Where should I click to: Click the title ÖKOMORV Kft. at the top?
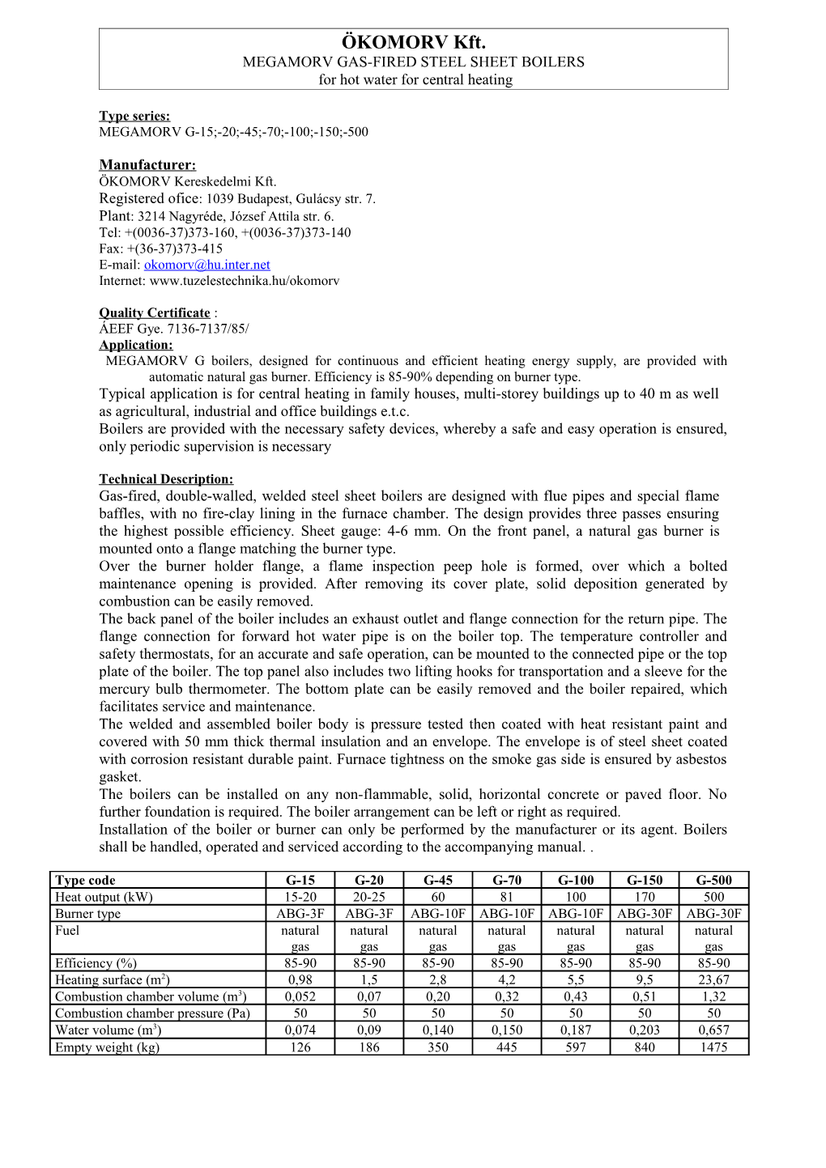[x=413, y=43]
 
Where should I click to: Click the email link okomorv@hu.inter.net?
[x=206, y=265]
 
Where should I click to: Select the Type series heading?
[x=134, y=116]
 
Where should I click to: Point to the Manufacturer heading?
[x=147, y=165]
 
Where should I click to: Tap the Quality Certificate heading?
[x=155, y=312]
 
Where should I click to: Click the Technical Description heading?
[x=166, y=479]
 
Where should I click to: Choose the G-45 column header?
[x=438, y=881]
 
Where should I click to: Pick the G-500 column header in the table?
[x=713, y=881]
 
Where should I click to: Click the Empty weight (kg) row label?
[x=107, y=1047]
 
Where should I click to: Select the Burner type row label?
[x=87, y=914]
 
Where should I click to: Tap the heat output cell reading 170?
[x=645, y=897]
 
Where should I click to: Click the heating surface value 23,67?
[x=713, y=980]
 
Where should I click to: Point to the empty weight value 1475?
[x=713, y=1047]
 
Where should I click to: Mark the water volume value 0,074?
[x=300, y=1030]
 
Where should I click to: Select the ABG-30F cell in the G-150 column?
[x=645, y=914]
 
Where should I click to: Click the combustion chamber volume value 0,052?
[x=300, y=997]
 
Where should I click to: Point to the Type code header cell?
[x=85, y=881]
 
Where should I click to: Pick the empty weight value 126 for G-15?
[x=300, y=1047]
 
